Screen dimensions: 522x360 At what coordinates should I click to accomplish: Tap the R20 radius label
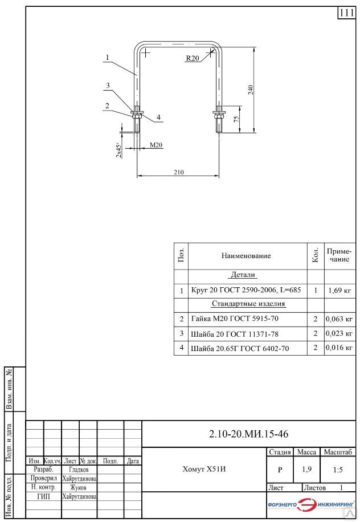[193, 58]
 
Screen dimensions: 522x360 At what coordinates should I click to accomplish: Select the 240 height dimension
[251, 89]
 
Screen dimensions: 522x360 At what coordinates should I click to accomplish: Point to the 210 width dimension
[179, 172]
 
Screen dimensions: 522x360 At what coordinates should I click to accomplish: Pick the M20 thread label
[157, 145]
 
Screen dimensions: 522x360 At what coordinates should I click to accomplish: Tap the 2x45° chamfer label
[118, 150]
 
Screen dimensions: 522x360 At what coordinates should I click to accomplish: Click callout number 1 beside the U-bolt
[108, 57]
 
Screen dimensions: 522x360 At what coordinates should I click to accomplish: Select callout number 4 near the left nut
[159, 118]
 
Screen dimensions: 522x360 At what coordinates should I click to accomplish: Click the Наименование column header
[246, 256]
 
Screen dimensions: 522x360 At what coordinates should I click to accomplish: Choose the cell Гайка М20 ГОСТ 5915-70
[235, 319]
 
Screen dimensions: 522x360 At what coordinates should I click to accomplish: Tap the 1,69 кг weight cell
[339, 290]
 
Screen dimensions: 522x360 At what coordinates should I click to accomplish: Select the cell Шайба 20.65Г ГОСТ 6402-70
[240, 348]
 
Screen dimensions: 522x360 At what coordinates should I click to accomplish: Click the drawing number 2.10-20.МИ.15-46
[249, 434]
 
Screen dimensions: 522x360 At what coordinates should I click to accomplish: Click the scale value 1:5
[338, 471]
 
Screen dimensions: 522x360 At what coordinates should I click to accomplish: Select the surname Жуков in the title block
[79, 488]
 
